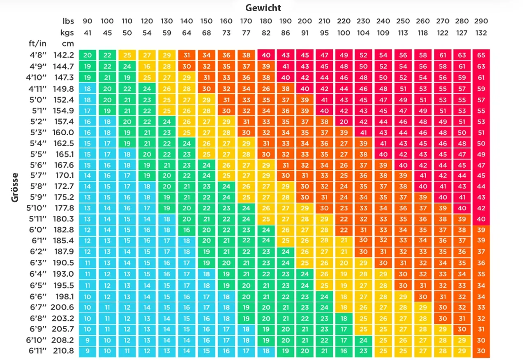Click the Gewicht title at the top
pos(263,8)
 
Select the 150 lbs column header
pos(206,21)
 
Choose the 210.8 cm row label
pos(64,351)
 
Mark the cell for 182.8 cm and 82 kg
pos(266,230)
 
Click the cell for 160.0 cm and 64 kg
pos(187,132)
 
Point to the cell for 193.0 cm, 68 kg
pos(206,274)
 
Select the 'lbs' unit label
pos(68,21)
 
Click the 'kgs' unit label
pos(68,33)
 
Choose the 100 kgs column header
pos(344,33)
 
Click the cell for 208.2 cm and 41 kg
pos(88,340)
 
